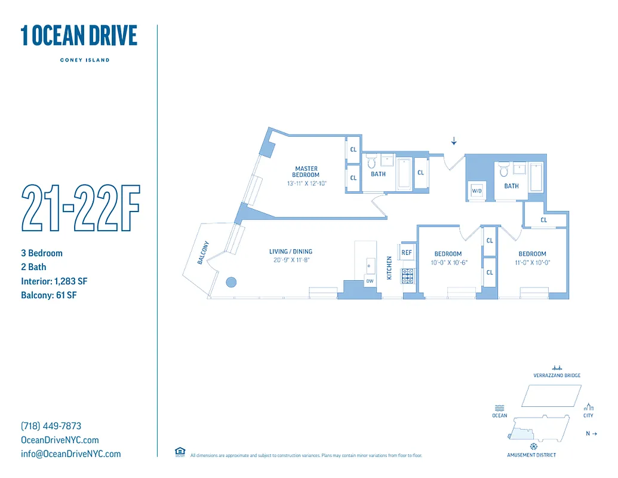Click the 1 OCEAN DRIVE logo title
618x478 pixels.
point(79,36)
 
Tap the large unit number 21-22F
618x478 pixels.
point(80,209)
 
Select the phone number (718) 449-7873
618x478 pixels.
point(51,426)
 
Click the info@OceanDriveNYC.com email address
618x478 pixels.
point(70,454)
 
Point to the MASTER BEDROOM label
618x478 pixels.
point(306,171)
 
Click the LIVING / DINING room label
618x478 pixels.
point(291,252)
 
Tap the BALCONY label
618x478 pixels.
point(204,253)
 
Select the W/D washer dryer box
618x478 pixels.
point(476,191)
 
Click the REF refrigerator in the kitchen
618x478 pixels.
point(407,253)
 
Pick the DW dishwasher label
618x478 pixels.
point(370,281)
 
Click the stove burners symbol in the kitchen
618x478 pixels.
point(407,275)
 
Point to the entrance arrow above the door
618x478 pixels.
point(454,141)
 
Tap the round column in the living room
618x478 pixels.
point(230,282)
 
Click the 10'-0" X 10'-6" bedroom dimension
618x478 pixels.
point(448,262)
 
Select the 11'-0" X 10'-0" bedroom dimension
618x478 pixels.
point(532,262)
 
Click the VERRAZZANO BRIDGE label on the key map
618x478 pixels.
point(556,376)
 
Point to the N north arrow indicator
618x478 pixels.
point(591,433)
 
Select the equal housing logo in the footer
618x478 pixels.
point(180,452)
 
